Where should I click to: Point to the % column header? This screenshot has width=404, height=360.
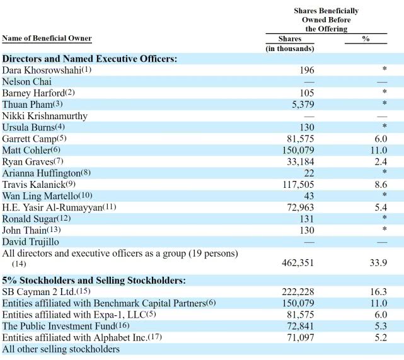pos(366,38)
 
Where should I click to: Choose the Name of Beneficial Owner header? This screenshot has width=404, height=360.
pos(47,38)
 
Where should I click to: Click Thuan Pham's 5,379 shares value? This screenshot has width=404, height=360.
pos(301,104)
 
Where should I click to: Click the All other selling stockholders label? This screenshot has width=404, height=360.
pos(61,349)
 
